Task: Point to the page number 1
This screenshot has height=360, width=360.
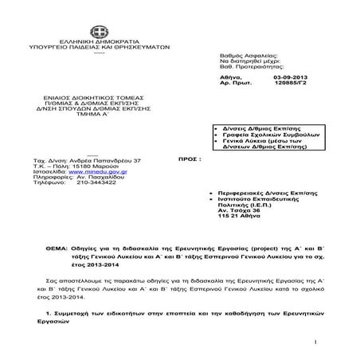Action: pyautogui.click(x=316, y=342)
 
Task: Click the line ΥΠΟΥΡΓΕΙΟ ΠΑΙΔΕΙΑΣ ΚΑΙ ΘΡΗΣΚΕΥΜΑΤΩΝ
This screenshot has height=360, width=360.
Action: pyautogui.click(x=97, y=48)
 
